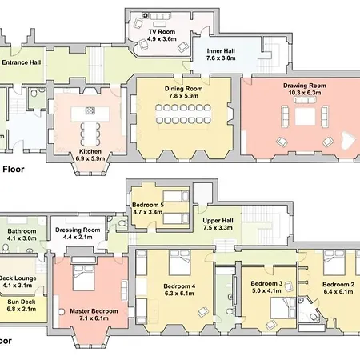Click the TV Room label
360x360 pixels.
162,31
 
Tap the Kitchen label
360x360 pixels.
90,151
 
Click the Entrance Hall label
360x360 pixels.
21,62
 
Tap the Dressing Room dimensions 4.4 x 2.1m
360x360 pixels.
78,237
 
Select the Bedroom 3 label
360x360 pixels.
266,283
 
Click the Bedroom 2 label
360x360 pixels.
338,284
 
